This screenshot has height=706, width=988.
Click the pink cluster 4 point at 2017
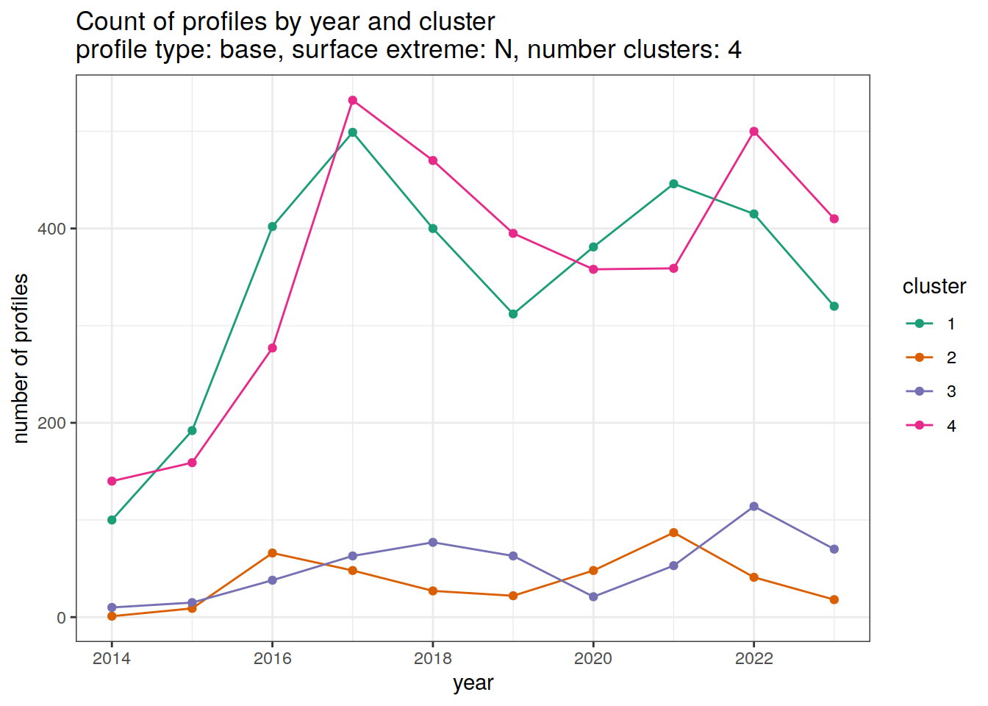pos(353,100)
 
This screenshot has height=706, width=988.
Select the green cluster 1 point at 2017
pos(353,132)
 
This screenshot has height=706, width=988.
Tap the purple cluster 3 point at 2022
pos(753,507)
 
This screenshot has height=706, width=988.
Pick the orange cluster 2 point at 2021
pos(673,532)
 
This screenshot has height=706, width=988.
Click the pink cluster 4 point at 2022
pos(753,132)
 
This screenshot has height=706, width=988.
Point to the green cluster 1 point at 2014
pos(112,520)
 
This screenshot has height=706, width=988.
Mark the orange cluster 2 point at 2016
pos(272,553)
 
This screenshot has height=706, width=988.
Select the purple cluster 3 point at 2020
pos(593,597)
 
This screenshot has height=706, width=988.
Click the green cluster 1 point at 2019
pos(513,314)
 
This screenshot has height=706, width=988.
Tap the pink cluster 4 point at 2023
pos(834,218)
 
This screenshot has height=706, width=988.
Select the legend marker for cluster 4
pos(919,426)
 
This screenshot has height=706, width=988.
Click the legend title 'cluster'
pos(934,286)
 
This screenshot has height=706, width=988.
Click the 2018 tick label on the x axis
pos(433,658)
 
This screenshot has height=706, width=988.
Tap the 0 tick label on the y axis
pos(61,618)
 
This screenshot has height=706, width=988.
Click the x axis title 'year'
pos(473,682)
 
